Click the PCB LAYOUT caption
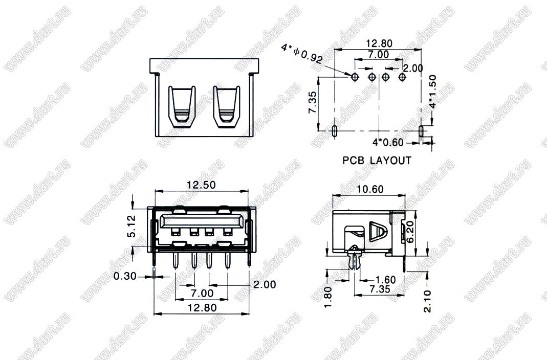point(377,160)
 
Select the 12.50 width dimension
point(201,185)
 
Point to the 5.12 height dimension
point(132,226)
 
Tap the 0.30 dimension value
point(125,276)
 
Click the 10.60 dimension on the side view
point(370,189)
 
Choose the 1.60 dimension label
point(385,280)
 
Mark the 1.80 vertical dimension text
point(329,297)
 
